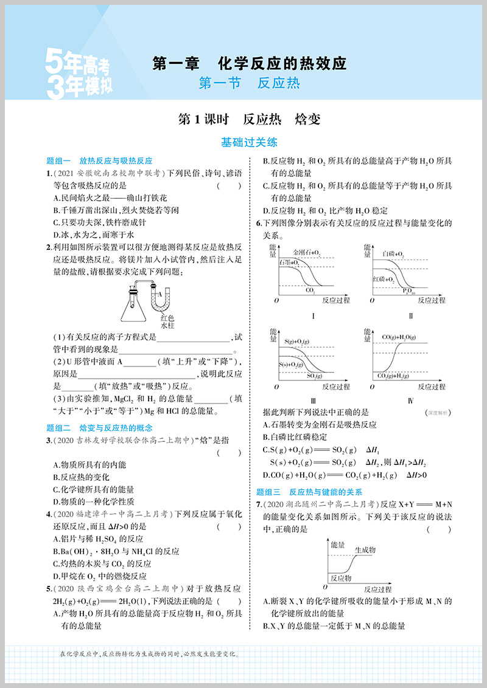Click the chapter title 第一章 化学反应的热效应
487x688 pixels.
point(249,63)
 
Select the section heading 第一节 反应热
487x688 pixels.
point(249,83)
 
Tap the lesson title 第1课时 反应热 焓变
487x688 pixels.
point(249,119)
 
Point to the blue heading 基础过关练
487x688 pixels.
point(249,143)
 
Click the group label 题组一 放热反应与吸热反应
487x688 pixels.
point(99,161)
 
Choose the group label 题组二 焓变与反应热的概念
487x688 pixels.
point(99,428)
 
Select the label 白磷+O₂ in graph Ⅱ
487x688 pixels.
point(393,252)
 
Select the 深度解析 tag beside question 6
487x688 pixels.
point(437,413)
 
